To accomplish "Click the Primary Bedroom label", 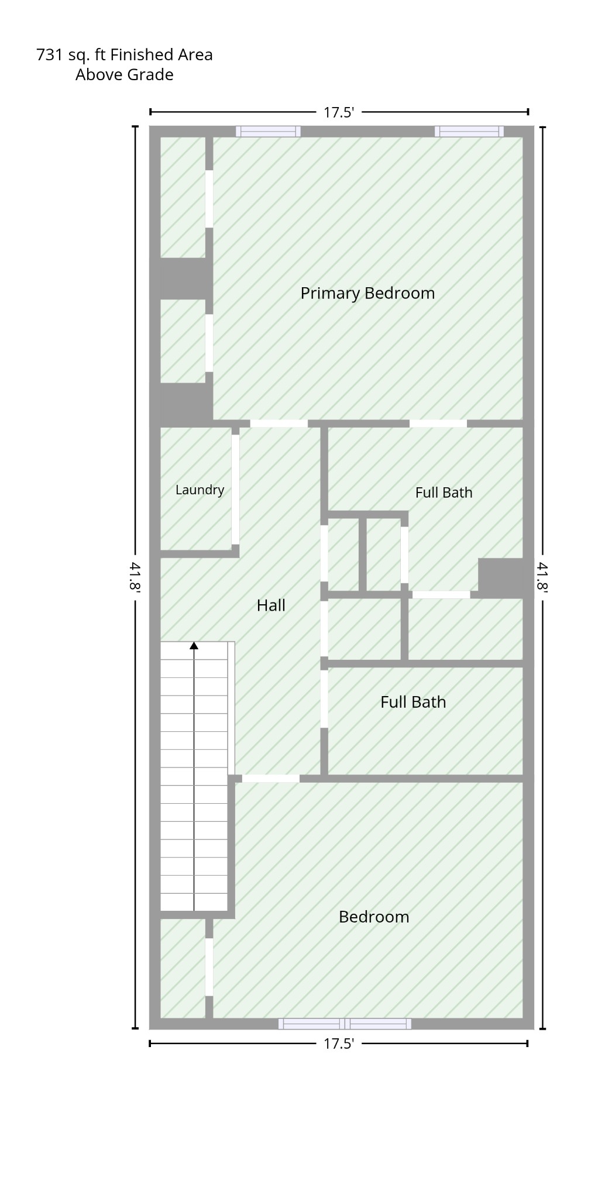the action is click(x=367, y=293).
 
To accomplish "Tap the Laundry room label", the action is click(x=200, y=490).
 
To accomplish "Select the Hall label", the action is click(x=271, y=605).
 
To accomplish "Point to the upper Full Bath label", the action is click(x=443, y=493).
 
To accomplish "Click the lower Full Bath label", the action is click(x=413, y=702).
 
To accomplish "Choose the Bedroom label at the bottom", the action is click(x=374, y=917).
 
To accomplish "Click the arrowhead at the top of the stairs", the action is click(x=194, y=646).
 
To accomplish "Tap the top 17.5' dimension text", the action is click(x=339, y=112).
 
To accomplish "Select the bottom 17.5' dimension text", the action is click(x=339, y=1044).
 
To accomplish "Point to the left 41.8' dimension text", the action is click(x=135, y=577).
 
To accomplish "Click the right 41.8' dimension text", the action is click(x=542, y=577).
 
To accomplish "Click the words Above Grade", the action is click(x=124, y=75).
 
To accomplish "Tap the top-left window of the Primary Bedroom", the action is click(x=268, y=132).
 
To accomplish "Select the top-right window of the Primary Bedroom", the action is click(x=469, y=132).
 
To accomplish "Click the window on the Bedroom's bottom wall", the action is click(x=345, y=1024).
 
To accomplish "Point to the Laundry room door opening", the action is click(x=235, y=490).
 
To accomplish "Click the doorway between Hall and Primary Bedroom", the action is click(x=279, y=424).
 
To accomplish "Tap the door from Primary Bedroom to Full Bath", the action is click(x=438, y=424).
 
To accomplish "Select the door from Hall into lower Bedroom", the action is click(x=271, y=779).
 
